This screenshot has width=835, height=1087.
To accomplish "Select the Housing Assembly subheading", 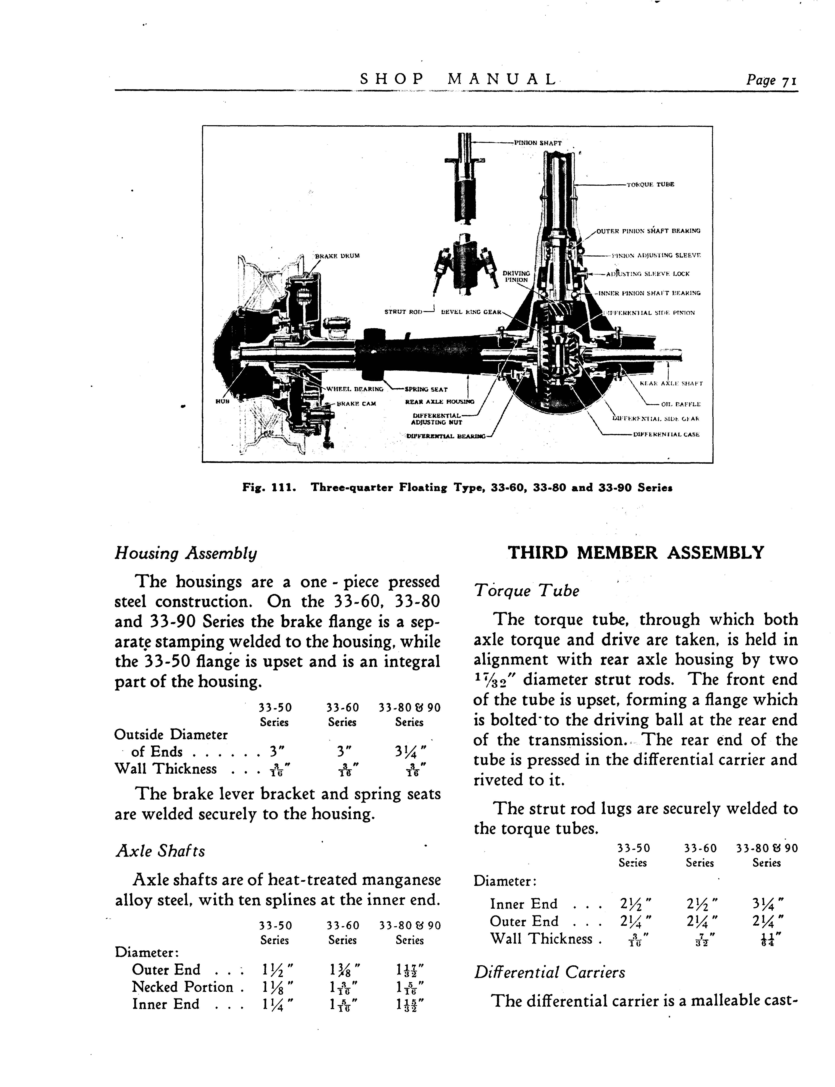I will (186, 553).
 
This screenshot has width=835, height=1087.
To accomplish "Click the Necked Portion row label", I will (182, 987).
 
